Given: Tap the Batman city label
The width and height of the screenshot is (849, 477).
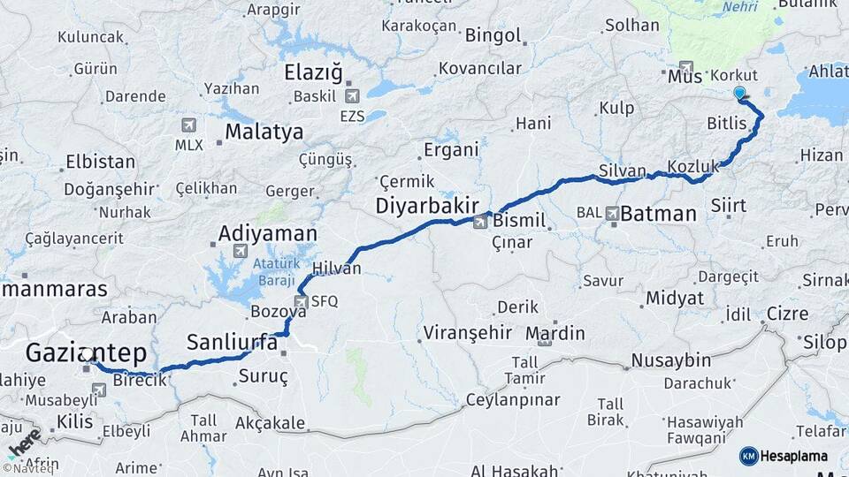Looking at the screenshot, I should point(658,214).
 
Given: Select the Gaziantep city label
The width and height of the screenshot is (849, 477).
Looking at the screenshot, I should point(86,353).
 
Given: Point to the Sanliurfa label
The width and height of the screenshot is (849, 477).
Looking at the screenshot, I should point(228,342).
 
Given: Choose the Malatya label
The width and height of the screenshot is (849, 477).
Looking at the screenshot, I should point(264,132).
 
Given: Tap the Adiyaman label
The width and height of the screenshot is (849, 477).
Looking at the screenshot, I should point(267,234).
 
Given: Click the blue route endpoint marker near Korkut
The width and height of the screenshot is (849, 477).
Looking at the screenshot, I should point(739,92).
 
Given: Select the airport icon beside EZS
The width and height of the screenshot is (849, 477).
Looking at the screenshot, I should point(353,95).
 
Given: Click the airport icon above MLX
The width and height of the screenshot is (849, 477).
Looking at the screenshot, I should point(187,125).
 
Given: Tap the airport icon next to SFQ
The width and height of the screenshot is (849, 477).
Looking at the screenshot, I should point(302,302).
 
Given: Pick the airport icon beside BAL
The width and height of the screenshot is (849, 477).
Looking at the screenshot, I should point(613,212).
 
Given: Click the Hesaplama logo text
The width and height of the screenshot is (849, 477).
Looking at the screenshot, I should point(795,456).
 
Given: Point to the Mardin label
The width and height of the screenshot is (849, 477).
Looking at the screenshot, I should point(555,334).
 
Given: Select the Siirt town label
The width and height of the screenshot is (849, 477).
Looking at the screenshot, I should point(728,205).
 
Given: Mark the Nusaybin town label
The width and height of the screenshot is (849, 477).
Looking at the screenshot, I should point(671,360).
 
